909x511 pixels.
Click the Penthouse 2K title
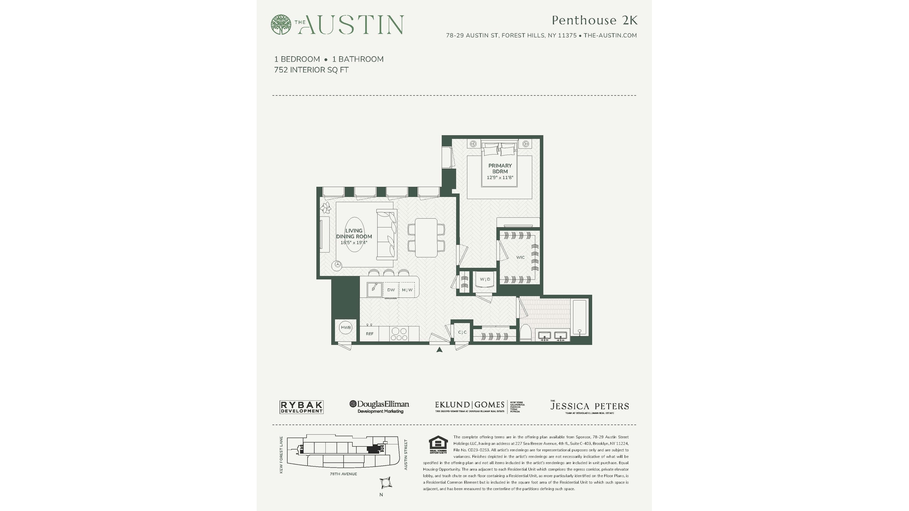click(x=595, y=20)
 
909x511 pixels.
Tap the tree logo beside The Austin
click(x=281, y=25)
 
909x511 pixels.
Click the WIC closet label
click(x=520, y=257)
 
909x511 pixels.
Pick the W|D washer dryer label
click(x=485, y=279)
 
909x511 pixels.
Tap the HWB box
click(x=346, y=327)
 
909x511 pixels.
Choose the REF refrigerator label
click(x=370, y=334)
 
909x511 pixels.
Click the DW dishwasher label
click(x=391, y=290)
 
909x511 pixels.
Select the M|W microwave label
click(x=407, y=290)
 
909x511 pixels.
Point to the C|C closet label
click(x=462, y=332)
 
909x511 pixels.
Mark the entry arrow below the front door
click(x=439, y=350)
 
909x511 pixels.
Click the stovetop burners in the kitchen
click(x=399, y=334)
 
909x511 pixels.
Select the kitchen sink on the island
click(x=374, y=289)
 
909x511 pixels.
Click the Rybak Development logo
click(x=301, y=407)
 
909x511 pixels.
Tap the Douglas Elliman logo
click(x=379, y=406)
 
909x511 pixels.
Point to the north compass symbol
click(x=385, y=483)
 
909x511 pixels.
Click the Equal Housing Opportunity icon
click(x=438, y=444)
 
